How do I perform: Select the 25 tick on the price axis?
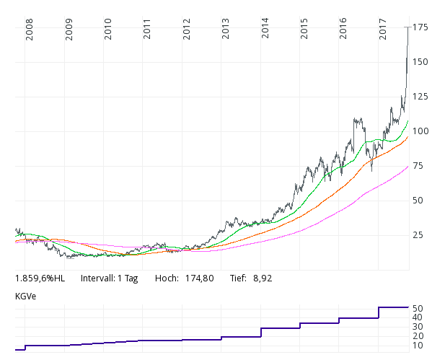[418, 235]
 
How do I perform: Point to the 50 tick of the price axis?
[418, 201]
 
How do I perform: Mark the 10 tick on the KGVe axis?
[418, 346]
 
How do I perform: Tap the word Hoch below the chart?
[167, 278]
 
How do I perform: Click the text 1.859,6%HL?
[40, 278]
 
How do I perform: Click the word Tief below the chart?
[239, 278]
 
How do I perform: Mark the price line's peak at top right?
[408, 27]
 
